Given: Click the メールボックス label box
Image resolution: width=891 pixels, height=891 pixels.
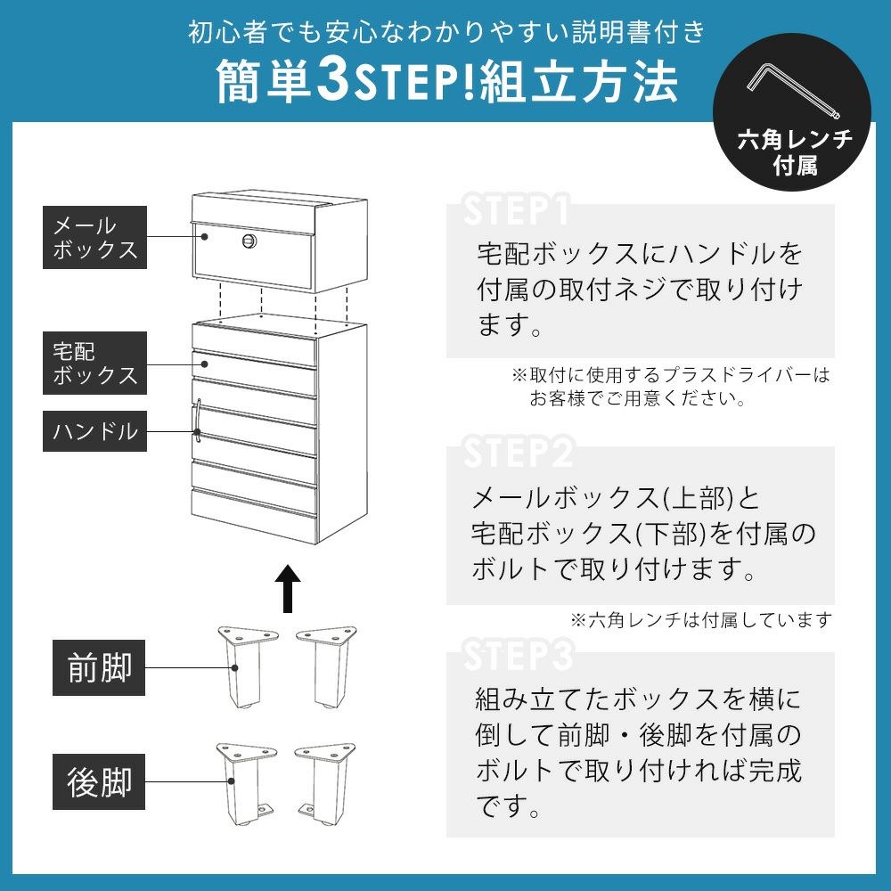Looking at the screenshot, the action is (x=95, y=238).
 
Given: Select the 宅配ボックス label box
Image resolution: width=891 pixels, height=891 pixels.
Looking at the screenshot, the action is (x=95, y=364).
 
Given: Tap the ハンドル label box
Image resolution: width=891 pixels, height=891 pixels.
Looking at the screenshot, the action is (x=95, y=431).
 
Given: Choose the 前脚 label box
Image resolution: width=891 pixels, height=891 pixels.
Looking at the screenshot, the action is (x=99, y=667).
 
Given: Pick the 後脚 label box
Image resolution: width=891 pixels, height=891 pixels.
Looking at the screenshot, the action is (x=99, y=782).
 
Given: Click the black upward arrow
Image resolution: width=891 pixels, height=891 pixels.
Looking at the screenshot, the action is (x=288, y=589).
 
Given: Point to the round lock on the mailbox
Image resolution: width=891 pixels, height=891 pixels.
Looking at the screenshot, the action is (x=249, y=241).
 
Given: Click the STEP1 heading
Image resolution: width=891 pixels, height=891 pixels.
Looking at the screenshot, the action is (x=516, y=210).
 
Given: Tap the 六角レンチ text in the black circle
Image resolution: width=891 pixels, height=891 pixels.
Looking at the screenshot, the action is (x=795, y=139).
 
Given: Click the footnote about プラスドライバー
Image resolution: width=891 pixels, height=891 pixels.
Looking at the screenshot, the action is (x=671, y=387).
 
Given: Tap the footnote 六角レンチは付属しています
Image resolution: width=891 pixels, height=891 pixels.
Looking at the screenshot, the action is (x=701, y=619).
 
